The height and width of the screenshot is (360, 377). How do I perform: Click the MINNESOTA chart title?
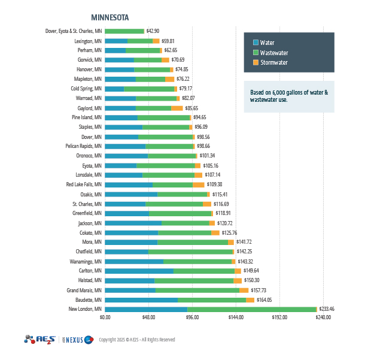pyautogui.click(x=110, y=18)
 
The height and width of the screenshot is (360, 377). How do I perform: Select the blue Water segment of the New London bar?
pyautogui.click(x=146, y=309)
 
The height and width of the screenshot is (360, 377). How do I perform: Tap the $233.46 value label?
pyautogui.click(x=327, y=309)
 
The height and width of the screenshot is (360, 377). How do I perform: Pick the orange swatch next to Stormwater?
pyautogui.click(x=256, y=62)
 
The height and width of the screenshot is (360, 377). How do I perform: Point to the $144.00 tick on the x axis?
pyautogui.click(x=236, y=317)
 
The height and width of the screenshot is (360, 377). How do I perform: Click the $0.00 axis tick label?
pyautogui.click(x=105, y=317)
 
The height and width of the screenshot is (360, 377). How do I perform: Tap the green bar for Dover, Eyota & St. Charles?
pyautogui.click(x=124, y=31)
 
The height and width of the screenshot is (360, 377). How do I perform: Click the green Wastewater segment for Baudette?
pyautogui.click(x=212, y=300)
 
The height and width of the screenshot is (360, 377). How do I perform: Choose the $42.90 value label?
pyautogui.click(x=153, y=31)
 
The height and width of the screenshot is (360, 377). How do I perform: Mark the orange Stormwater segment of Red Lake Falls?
pyautogui.click(x=198, y=184)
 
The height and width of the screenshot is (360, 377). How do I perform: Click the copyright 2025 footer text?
pyautogui.click(x=137, y=340)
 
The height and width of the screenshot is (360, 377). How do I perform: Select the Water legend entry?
pyautogui.click(x=267, y=43)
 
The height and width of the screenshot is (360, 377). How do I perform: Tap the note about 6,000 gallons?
pyautogui.click(x=288, y=96)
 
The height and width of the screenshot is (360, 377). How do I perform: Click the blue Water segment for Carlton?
pyautogui.click(x=139, y=271)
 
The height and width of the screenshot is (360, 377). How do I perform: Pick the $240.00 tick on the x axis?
pyautogui.click(x=323, y=317)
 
